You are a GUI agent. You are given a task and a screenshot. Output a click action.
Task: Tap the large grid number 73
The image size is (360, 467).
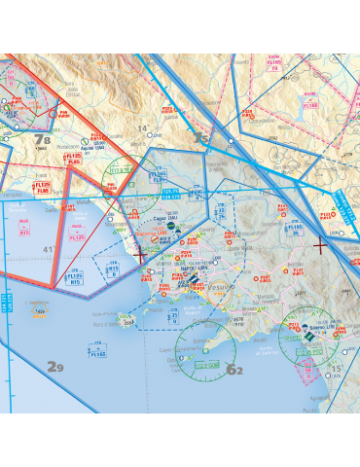200,138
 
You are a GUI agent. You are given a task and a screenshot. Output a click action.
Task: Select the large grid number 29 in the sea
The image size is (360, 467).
55,366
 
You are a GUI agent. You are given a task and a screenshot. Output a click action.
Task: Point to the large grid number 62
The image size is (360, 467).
234,370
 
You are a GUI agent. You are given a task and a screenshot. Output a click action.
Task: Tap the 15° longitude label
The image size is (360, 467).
337,369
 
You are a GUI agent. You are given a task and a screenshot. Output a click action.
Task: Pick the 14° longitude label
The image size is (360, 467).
142,128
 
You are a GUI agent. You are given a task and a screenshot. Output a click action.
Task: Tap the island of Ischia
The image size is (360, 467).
126,318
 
